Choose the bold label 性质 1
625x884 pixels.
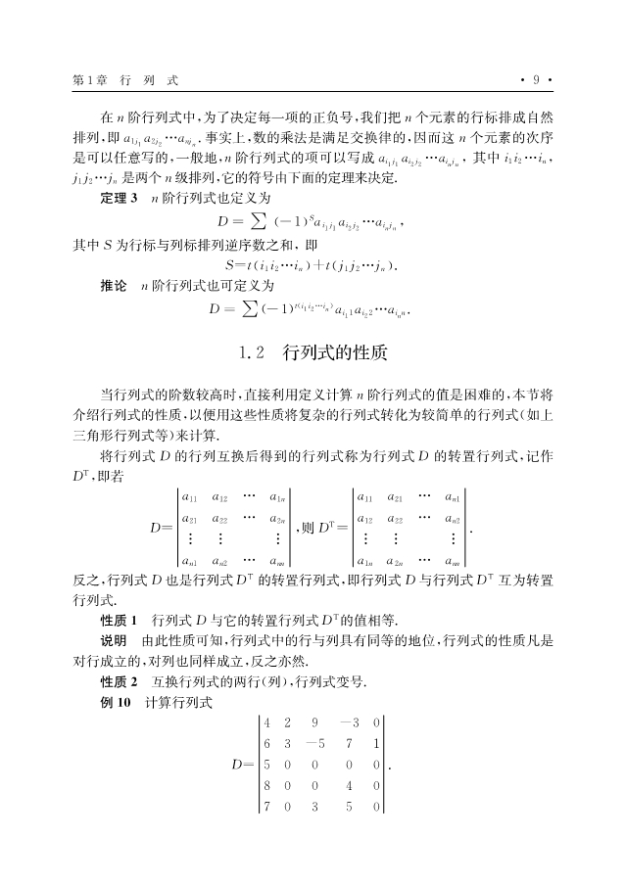[x=120, y=621]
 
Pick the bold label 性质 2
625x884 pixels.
[x=120, y=680]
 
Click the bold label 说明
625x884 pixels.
[x=114, y=641]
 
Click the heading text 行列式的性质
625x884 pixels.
[x=330, y=349]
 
